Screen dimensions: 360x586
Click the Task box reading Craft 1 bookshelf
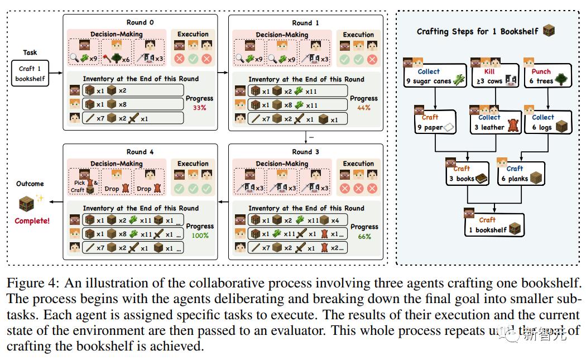[30, 74]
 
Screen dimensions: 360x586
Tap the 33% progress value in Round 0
[199, 108]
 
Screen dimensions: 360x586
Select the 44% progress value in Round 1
[363, 108]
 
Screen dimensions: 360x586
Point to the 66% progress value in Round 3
[364, 237]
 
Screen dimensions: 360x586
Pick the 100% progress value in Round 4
[199, 236]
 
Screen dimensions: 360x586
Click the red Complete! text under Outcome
[32, 221]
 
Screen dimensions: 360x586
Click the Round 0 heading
[140, 23]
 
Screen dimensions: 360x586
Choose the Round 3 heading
[305, 152]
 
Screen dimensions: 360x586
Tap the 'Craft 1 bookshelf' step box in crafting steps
[494, 225]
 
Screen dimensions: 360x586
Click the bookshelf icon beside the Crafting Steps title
[549, 31]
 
